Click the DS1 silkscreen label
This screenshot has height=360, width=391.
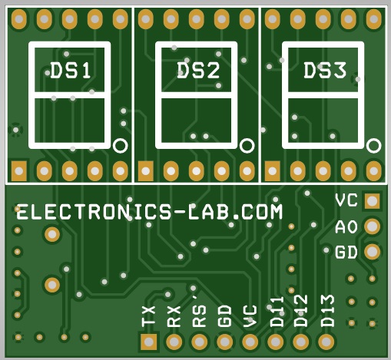[71, 71]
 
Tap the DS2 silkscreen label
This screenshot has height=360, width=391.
[198, 71]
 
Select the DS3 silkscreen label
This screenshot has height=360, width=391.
[325, 70]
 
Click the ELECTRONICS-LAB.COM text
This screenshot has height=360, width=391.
[150, 212]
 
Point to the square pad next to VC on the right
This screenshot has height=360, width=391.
[372, 201]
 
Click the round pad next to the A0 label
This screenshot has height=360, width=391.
[372, 226]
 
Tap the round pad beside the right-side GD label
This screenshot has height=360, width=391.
[372, 252]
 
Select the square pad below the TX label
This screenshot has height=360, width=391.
[149, 342]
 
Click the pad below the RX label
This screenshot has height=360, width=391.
[174, 342]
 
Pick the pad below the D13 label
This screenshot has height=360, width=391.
[326, 342]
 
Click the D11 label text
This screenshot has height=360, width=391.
[277, 312]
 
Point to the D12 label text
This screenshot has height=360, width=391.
[300, 311]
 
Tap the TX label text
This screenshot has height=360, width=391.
[148, 315]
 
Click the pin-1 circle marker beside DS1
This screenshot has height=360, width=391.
[120, 146]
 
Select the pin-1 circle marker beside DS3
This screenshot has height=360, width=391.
[373, 146]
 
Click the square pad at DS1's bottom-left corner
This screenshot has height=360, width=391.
[19, 170]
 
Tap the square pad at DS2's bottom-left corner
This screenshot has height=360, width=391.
[146, 170]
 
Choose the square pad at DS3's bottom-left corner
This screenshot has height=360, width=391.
[272, 170]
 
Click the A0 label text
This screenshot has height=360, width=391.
[346, 227]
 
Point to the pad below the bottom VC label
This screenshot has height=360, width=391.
[250, 342]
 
